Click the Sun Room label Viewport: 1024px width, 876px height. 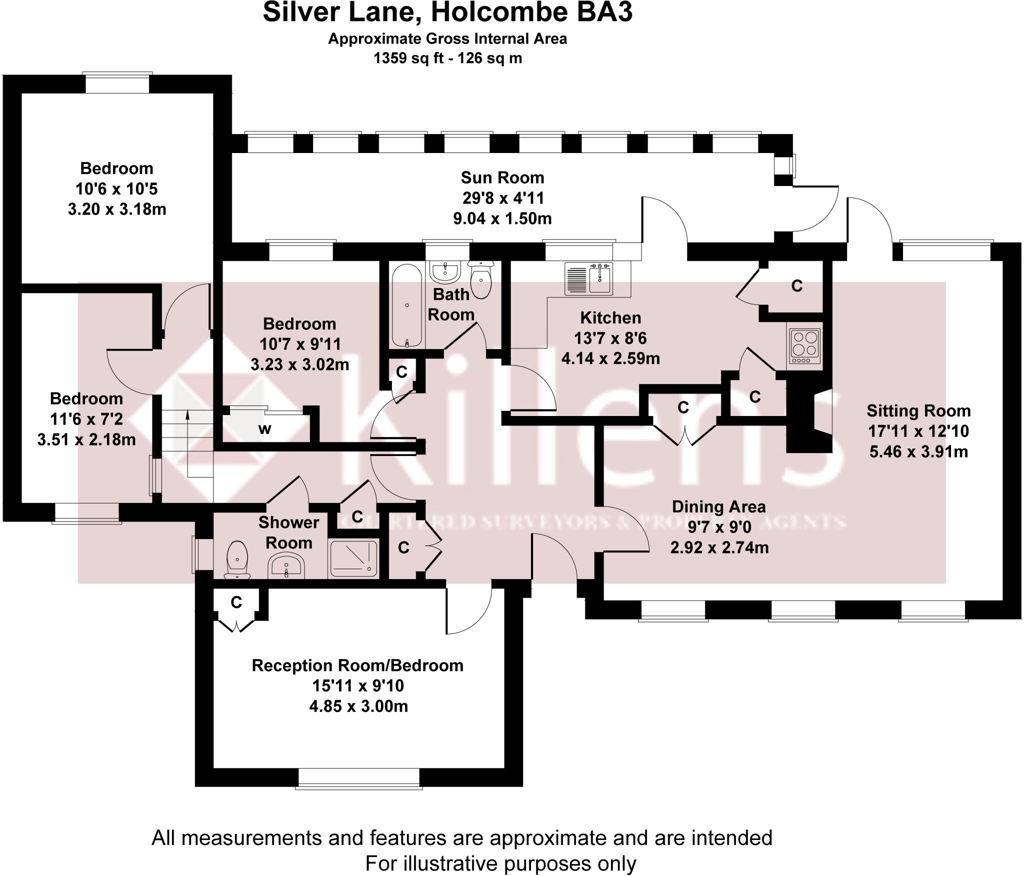pos(502,177)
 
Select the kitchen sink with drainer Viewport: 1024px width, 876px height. pos(588,277)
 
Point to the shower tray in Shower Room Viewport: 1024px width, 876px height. pos(353,558)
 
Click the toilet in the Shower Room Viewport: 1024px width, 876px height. pos(237,560)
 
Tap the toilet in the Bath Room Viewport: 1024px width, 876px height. pos(481,280)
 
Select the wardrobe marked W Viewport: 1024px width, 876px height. pos(265,429)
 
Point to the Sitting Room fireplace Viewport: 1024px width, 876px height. pos(808,415)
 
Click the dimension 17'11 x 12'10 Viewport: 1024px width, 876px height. pos(918,431)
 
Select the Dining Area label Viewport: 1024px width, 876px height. pos(718,506)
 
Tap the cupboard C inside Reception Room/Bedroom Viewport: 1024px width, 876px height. pos(236,602)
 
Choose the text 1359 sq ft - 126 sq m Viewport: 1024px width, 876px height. pos(447,58)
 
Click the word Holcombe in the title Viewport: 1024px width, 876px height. pos(500,12)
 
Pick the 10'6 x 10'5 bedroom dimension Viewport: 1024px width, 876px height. pos(116,189)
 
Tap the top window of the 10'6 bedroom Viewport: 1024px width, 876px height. pos(117,83)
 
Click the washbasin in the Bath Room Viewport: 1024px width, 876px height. pos(444,273)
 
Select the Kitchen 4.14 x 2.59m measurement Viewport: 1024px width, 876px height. pos(610,358)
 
